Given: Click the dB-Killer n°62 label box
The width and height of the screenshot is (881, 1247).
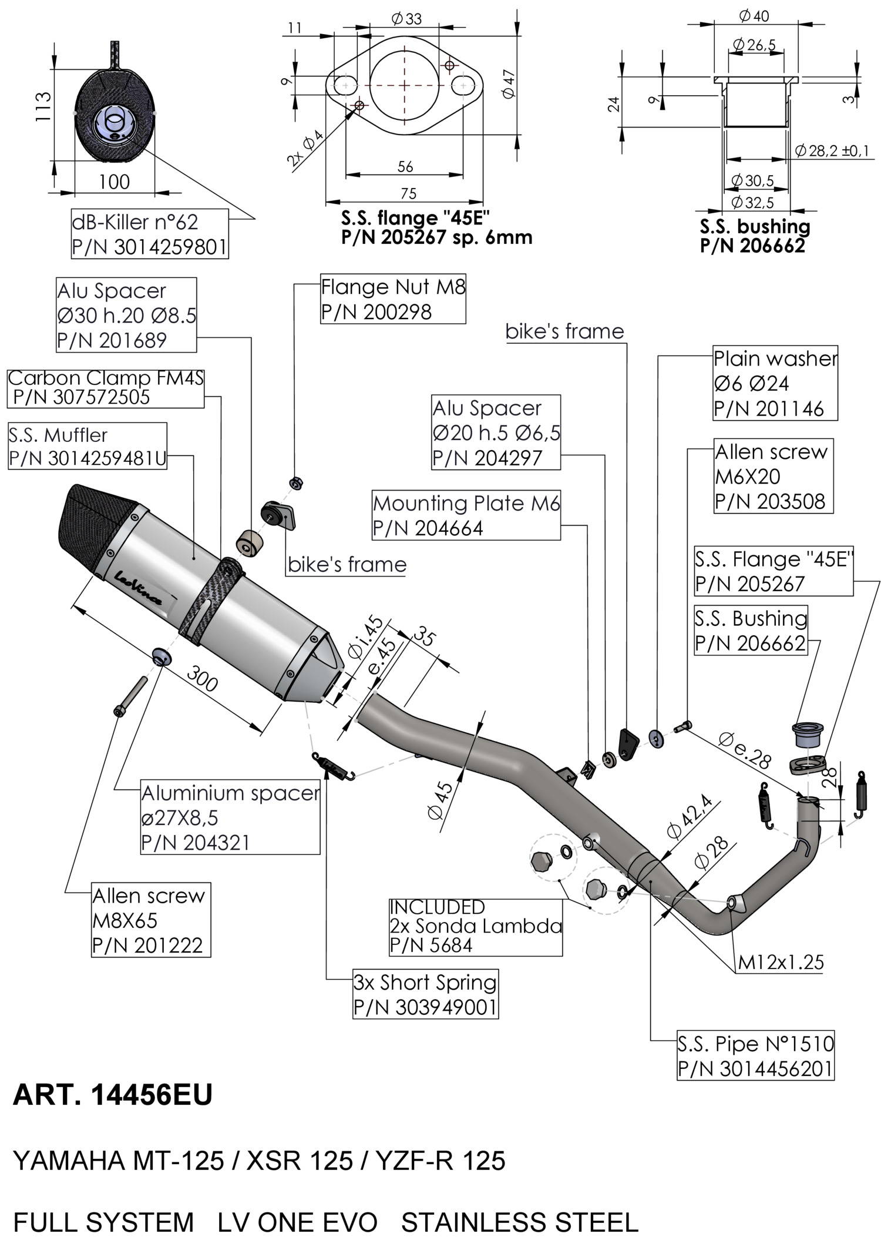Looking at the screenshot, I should [149, 234].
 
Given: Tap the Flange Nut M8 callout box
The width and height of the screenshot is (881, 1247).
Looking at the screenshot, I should [393, 300].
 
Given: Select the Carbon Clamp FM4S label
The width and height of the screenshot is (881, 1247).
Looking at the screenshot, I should [106, 388].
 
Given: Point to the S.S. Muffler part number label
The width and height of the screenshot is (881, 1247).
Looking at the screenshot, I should [88, 447].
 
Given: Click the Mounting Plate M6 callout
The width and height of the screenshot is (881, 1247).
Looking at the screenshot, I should [466, 515].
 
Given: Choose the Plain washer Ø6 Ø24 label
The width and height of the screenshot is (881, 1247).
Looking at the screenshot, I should [775, 383].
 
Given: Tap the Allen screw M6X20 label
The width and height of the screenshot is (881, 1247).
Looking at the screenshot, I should [772, 477].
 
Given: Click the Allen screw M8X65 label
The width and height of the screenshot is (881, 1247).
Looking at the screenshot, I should [150, 920].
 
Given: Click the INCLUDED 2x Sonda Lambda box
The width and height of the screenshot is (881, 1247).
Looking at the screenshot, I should [475, 926].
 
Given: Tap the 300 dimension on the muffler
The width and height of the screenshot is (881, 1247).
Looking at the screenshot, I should [202, 681].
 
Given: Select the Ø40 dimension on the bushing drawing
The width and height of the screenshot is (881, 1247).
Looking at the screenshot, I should [754, 16].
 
